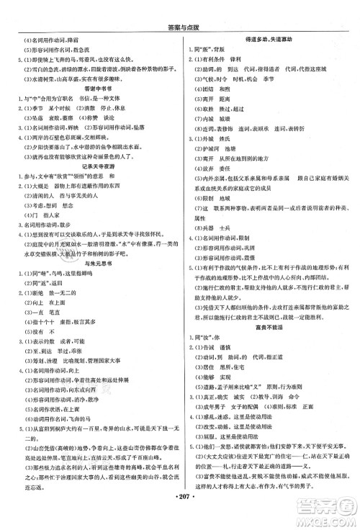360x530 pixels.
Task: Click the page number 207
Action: tap(180, 518)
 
